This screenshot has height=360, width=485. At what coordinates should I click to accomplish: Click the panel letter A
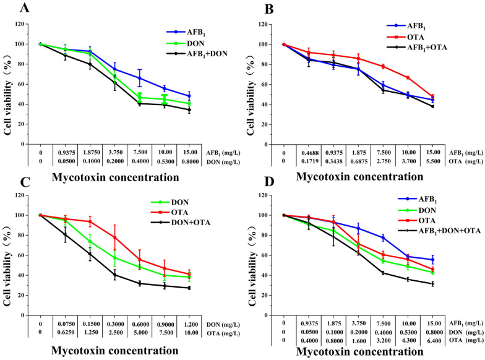point(25,8)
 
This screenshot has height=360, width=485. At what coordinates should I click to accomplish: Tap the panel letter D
point(270,182)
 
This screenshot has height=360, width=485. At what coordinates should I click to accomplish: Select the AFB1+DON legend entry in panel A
point(197,53)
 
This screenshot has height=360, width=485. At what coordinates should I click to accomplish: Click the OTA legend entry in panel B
point(406,37)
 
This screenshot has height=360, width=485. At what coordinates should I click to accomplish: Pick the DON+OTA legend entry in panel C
point(181,223)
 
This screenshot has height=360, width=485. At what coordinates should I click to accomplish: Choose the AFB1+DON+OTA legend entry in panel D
point(439,231)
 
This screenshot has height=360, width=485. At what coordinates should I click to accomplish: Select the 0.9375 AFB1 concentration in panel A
point(66,152)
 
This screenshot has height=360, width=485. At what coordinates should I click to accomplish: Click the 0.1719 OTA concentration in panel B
point(309,161)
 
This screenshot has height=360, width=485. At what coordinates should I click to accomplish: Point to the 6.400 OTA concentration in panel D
point(433,341)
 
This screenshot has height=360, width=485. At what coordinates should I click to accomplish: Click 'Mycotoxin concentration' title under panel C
point(115,350)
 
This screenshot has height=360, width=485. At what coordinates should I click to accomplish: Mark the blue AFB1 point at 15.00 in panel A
point(189,96)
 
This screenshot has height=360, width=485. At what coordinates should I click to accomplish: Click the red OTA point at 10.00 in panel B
point(408,78)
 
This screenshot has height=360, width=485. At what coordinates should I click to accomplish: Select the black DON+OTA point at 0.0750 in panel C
point(66,234)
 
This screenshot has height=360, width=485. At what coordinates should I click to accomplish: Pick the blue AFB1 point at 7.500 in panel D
point(384,238)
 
